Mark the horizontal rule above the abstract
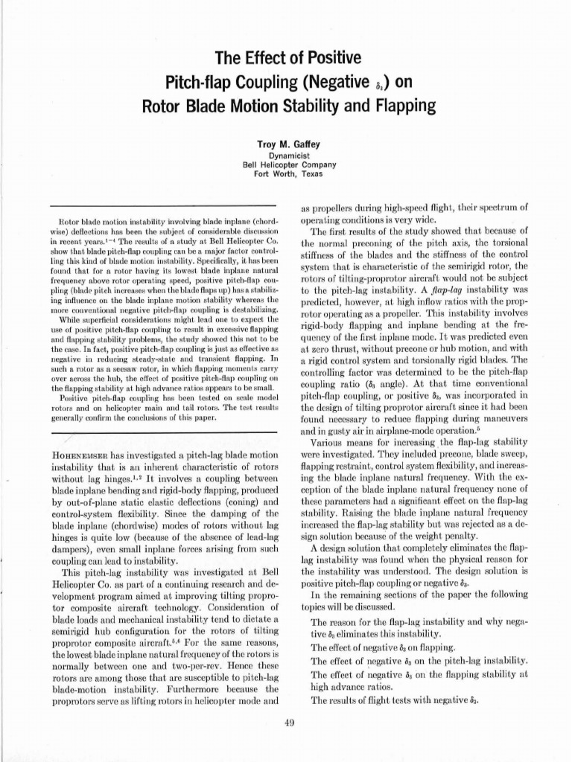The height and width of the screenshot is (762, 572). pyautogui.click(x=162, y=207)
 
